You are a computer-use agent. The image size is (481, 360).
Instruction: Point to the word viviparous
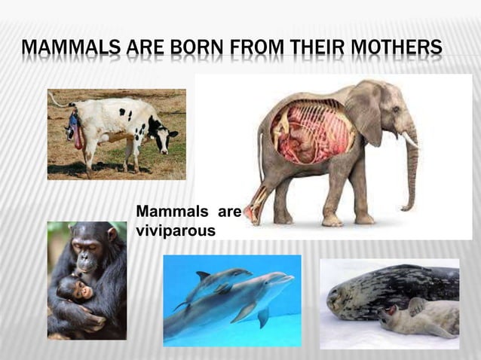tap(176, 231)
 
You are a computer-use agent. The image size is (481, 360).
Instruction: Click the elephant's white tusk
tap(410, 139)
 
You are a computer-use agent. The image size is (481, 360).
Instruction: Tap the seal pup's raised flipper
tap(416, 305)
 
